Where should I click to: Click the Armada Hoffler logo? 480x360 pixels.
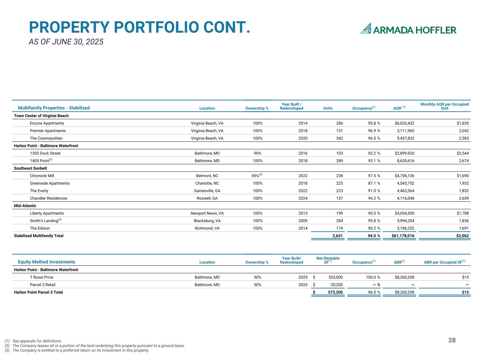(408, 29)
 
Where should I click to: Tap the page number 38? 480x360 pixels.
(452, 340)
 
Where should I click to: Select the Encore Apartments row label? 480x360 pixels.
(47, 123)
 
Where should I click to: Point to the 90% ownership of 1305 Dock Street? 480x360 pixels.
(257, 153)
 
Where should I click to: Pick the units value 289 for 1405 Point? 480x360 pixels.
(338, 161)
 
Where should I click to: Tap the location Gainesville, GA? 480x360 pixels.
(207, 191)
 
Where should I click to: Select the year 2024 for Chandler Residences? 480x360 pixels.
(303, 198)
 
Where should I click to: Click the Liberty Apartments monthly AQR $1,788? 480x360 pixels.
(462, 213)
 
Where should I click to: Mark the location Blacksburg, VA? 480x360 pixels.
(207, 221)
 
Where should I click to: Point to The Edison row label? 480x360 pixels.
(40, 229)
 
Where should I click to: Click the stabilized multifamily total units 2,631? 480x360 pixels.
(338, 236)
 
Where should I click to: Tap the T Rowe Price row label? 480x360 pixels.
(41, 277)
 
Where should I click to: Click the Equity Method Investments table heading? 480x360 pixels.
(46, 262)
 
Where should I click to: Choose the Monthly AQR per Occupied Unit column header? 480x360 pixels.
(444, 106)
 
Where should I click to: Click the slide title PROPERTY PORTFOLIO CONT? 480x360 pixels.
(139, 27)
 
